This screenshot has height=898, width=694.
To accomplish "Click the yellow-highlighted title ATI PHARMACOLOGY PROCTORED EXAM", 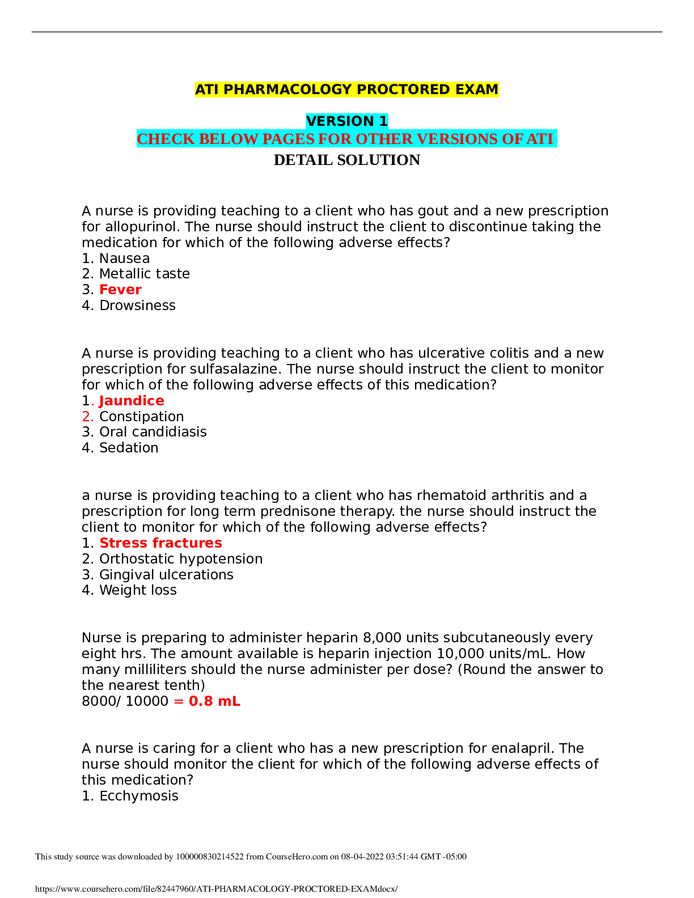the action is tap(346, 89).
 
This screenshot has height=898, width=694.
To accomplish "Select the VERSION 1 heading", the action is tap(346, 121).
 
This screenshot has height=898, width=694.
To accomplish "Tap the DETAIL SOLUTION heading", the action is tap(347, 160).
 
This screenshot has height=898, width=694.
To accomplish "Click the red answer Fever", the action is tap(120, 289).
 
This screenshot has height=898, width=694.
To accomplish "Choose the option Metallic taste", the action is tap(144, 274).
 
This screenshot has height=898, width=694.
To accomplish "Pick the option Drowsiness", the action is tap(137, 306).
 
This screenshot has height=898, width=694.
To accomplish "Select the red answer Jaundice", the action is tap(132, 400).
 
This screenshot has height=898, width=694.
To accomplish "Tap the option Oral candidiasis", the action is tap(153, 432).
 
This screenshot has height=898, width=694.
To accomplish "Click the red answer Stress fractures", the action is tap(160, 543).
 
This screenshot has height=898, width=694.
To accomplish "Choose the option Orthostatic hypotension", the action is tap(181, 559).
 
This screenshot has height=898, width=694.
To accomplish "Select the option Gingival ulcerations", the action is tap(166, 574).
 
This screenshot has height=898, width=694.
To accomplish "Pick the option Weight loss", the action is tap(138, 590).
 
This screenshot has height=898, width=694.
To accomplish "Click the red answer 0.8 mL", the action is tap(214, 701).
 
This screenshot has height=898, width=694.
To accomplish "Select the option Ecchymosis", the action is tap(139, 796).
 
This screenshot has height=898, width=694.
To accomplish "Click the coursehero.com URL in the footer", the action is tap(216, 889).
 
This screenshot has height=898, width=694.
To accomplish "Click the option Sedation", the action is tap(129, 447).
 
